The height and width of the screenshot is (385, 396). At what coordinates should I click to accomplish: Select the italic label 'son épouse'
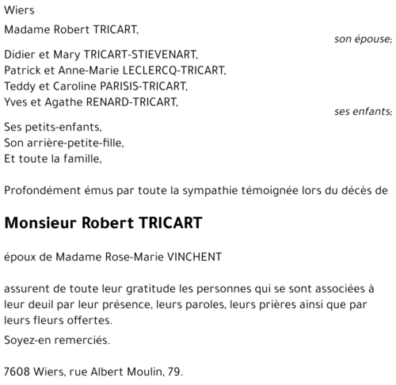pos(362,40)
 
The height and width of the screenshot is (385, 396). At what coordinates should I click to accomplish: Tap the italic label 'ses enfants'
pos(362,112)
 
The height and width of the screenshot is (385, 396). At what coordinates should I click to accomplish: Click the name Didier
pos(20,55)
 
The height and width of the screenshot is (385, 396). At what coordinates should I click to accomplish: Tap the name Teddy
pos(21,86)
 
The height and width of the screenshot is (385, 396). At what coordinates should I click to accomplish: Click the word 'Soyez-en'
pos(26,340)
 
